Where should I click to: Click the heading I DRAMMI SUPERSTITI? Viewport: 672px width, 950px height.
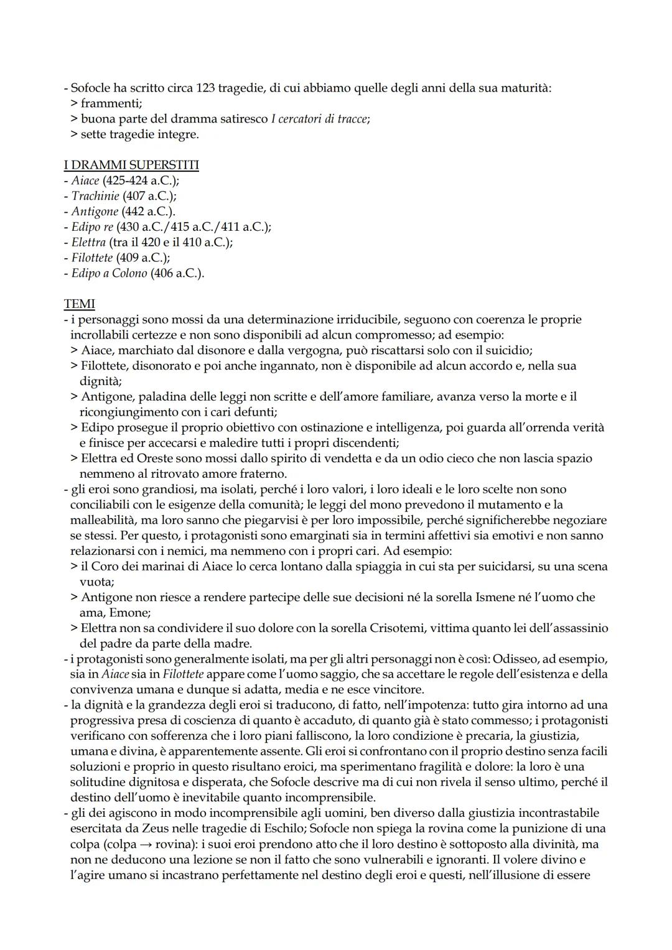pos(131,165)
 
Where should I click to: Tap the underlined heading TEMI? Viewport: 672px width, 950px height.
pos(79,304)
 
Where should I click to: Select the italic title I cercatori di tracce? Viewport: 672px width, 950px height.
pos(319,119)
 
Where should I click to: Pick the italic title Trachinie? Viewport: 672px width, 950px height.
pos(95,196)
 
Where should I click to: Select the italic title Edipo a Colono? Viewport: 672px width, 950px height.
pos(109,273)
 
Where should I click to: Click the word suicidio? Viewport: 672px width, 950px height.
pos(508,350)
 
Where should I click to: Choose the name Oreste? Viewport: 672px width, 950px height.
pos(149,459)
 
